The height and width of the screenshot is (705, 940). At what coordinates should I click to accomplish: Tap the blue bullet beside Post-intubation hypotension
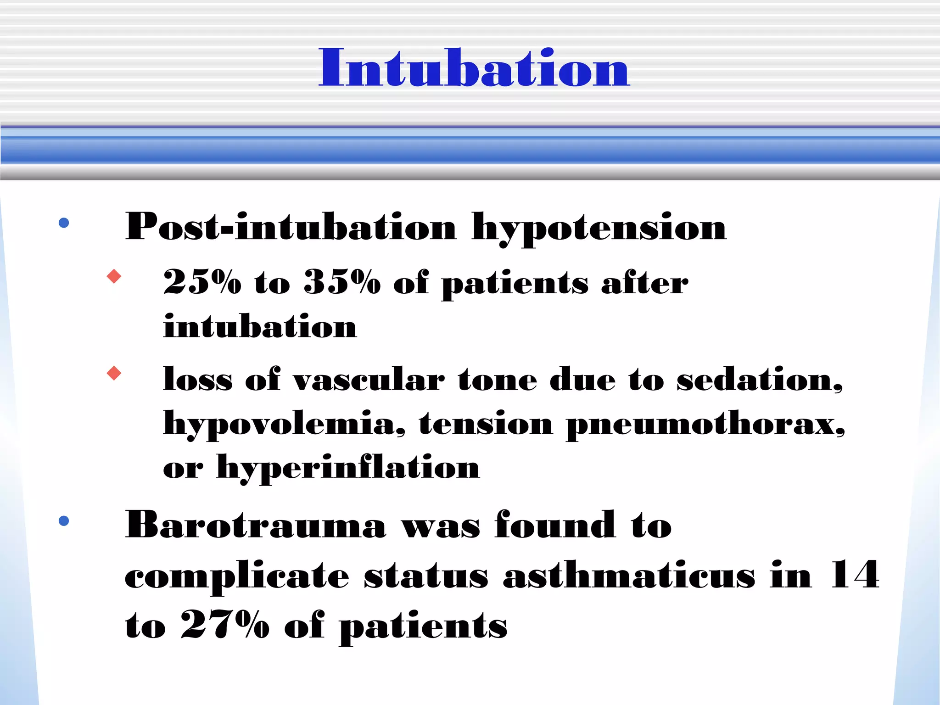(64, 223)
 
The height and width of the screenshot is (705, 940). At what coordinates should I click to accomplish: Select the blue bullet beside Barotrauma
(64, 520)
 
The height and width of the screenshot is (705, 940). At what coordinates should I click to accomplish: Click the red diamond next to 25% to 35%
(114, 276)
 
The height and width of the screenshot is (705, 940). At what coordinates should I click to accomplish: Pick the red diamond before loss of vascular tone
(114, 373)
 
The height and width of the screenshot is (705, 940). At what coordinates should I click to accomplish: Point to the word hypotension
(599, 228)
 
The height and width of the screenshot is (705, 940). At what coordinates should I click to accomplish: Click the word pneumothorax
(705, 425)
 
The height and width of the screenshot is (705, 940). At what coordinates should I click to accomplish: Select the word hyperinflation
(348, 468)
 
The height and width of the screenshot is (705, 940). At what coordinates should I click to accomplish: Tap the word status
(426, 576)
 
